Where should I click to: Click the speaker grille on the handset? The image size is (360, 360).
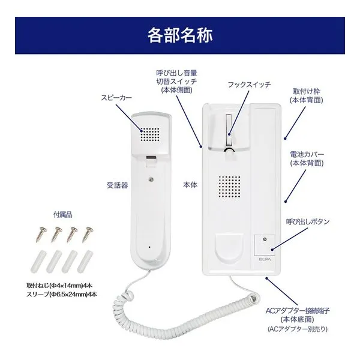tap(151, 133)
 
